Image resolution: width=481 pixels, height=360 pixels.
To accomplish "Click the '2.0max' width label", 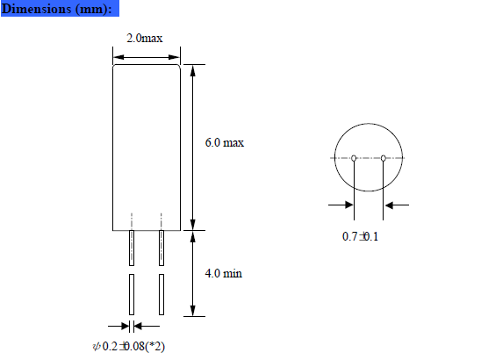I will click(x=145, y=39).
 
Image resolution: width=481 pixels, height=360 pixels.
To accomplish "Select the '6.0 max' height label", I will click(x=224, y=142).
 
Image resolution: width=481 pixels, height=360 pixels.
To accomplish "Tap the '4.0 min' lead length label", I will click(x=223, y=273).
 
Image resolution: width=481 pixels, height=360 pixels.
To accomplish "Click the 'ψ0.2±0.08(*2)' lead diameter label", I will click(x=129, y=346).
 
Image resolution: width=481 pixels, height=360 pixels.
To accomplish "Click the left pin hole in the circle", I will click(x=353, y=158).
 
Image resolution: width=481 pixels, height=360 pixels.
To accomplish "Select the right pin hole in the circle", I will click(x=384, y=158).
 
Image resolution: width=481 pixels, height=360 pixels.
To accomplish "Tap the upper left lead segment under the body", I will click(x=132, y=248).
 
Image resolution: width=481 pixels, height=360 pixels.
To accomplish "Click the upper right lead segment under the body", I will click(x=161, y=248).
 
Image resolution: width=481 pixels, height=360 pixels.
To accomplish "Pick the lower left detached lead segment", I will click(x=132, y=295).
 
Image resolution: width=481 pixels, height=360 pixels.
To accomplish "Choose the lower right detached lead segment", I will click(x=161, y=295).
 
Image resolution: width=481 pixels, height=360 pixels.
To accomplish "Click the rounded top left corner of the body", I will click(x=116, y=67).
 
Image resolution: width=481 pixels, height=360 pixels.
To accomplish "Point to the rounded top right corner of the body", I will click(x=179, y=67).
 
